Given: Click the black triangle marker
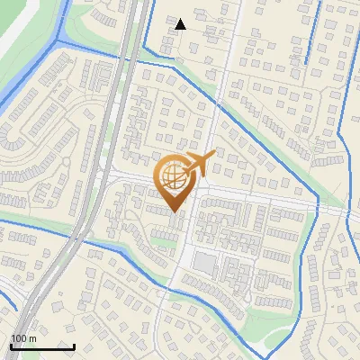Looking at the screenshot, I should pyautogui.click(x=180, y=24).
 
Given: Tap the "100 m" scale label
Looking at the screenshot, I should pyautogui.click(x=22, y=338).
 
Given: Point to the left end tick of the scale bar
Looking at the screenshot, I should pyautogui.click(x=11, y=346).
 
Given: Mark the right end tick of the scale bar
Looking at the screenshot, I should pyautogui.click(x=74, y=346).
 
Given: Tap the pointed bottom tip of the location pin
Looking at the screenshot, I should pyautogui.click(x=174, y=213).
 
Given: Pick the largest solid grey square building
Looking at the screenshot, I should pyautogui.click(x=205, y=264).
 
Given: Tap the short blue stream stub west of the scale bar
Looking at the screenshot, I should pyautogui.click(x=7, y=297).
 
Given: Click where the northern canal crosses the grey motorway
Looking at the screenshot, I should pyautogui.click(x=130, y=56).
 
